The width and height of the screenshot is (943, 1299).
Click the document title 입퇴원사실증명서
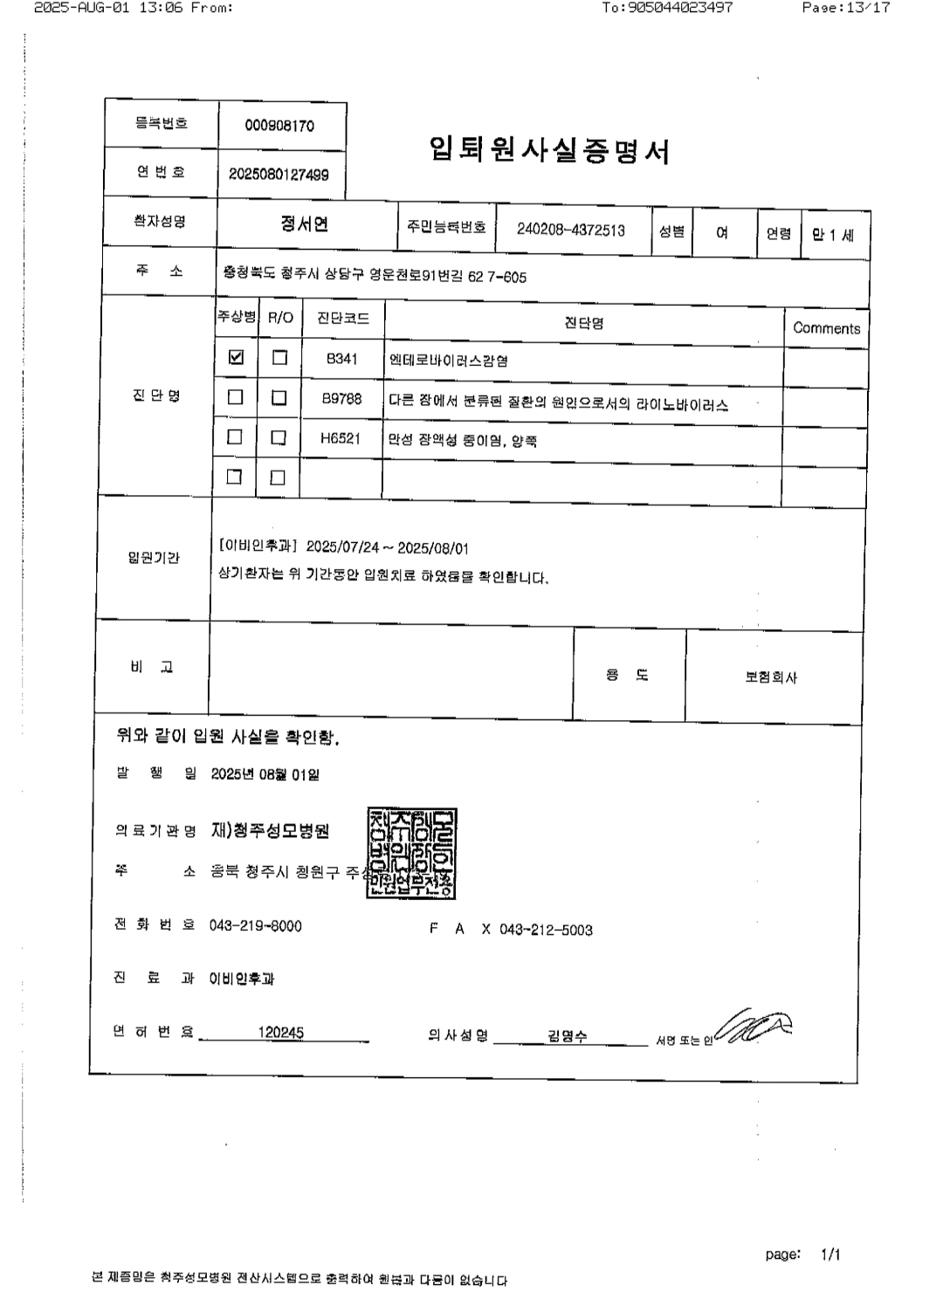point(549,151)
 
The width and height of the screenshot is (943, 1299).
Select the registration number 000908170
point(279,126)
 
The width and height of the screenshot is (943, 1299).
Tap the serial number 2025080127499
point(279,175)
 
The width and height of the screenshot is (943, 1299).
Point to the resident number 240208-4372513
point(571,230)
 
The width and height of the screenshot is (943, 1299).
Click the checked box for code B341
point(236,357)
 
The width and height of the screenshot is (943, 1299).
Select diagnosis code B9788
point(341,398)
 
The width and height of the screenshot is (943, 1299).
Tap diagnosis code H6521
point(341,438)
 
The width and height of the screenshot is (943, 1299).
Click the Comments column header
point(826,328)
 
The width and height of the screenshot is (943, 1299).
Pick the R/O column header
point(280,318)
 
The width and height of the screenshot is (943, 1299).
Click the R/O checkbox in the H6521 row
point(279,437)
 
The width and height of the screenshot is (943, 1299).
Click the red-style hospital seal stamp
point(411,854)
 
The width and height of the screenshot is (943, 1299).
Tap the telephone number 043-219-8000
point(255,925)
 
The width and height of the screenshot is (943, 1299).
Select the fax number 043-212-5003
point(546,931)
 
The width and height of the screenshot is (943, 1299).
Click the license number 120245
point(280,1033)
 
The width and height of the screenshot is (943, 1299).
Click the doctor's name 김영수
point(568,1036)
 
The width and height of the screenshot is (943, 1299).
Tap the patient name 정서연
point(304,224)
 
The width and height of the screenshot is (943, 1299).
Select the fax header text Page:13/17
point(845,8)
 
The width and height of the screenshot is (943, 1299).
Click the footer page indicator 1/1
point(829,1254)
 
